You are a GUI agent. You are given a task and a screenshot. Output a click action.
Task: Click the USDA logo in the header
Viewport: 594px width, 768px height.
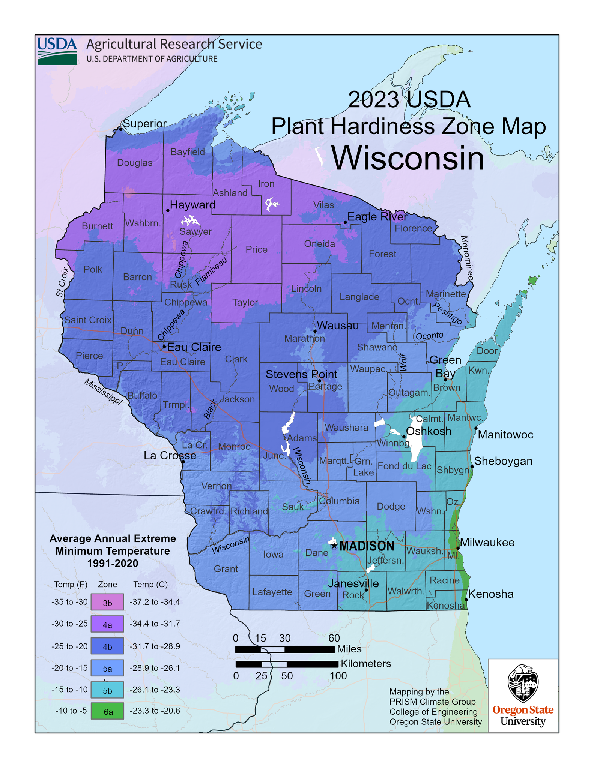(x=57, y=51)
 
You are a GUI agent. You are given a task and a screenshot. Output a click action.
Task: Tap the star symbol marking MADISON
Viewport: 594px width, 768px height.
(x=334, y=546)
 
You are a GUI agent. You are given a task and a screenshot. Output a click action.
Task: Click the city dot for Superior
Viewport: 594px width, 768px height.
(x=120, y=129)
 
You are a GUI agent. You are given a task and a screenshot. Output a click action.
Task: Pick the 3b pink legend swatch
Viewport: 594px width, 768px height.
(x=107, y=602)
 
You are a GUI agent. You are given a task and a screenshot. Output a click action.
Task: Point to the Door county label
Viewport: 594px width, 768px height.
(x=487, y=351)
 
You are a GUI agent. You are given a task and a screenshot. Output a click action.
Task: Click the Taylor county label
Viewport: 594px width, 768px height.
(x=245, y=302)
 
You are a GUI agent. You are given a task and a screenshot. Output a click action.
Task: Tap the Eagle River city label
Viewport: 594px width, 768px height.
(x=377, y=217)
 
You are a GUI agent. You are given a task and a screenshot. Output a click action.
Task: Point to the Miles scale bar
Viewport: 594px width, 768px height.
(x=284, y=649)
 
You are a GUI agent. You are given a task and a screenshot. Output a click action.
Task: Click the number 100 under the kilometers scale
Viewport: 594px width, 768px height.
(x=338, y=676)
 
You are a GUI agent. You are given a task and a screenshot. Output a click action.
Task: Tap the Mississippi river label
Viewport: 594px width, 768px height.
(x=103, y=391)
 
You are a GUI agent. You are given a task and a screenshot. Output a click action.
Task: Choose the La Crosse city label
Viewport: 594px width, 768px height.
(x=170, y=455)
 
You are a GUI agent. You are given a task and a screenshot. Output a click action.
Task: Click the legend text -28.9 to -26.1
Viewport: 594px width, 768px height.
(x=155, y=668)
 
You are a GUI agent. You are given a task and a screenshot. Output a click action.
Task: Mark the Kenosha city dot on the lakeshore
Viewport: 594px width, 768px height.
(x=466, y=600)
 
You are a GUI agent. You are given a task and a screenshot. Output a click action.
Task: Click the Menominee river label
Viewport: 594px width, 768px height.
(x=467, y=259)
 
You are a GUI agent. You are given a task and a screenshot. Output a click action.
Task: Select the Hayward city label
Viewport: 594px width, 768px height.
(x=192, y=205)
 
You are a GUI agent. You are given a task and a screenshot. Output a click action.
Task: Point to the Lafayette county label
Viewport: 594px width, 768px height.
(x=272, y=592)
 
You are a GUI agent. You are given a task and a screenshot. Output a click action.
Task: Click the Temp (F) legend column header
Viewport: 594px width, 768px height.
(x=71, y=584)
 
